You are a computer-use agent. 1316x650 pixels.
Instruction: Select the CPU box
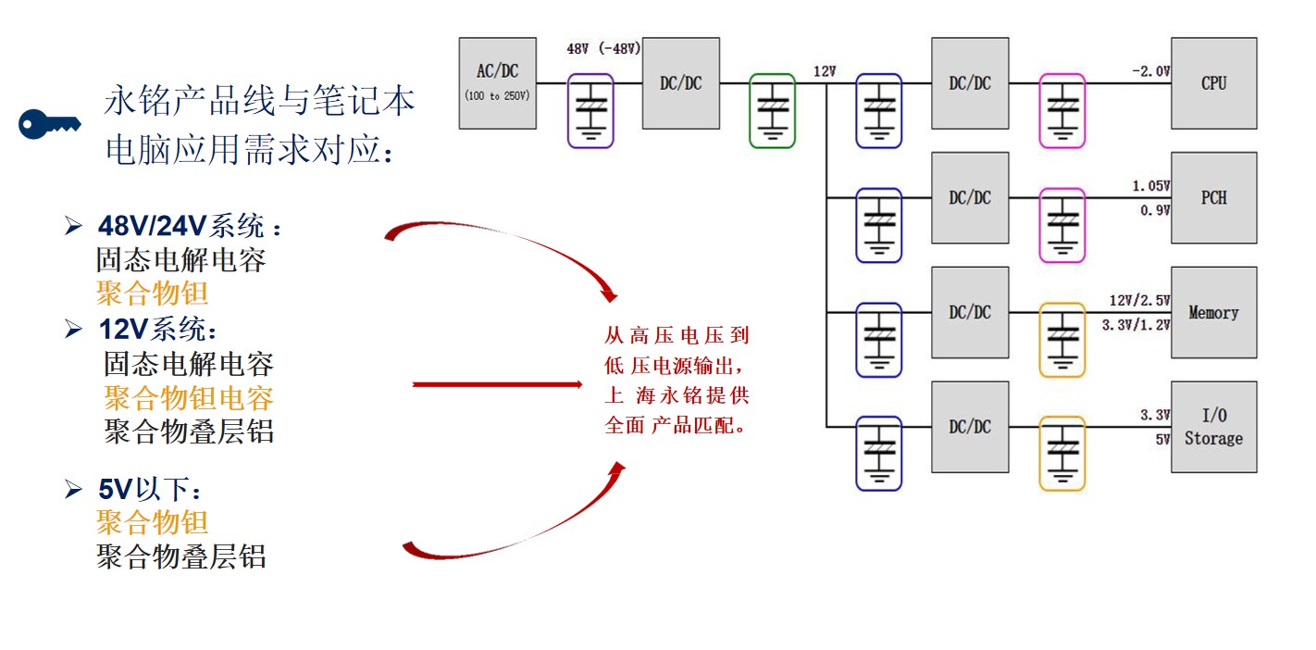click(1213, 82)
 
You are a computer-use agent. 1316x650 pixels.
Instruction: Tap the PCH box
click(1213, 197)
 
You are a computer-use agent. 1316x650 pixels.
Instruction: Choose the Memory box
click(1213, 312)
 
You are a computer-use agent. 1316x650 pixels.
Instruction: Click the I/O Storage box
click(1213, 427)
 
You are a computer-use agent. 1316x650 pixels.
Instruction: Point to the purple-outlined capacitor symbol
click(590, 110)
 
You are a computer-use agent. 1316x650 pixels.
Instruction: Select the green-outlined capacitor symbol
click(771, 110)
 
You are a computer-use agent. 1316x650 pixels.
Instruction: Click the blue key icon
click(49, 123)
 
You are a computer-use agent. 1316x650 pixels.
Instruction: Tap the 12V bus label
click(825, 71)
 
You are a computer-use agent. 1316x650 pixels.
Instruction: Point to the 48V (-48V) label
click(603, 49)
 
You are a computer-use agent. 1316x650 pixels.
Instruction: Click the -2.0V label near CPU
click(1150, 70)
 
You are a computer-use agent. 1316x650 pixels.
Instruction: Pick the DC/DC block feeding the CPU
click(970, 82)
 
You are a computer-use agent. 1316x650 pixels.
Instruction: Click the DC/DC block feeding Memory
click(970, 312)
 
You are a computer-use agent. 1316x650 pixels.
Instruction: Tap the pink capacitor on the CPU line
click(1061, 110)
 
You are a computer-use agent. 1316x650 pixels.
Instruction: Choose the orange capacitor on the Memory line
click(1061, 340)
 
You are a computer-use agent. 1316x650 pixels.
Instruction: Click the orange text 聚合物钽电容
click(188, 398)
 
